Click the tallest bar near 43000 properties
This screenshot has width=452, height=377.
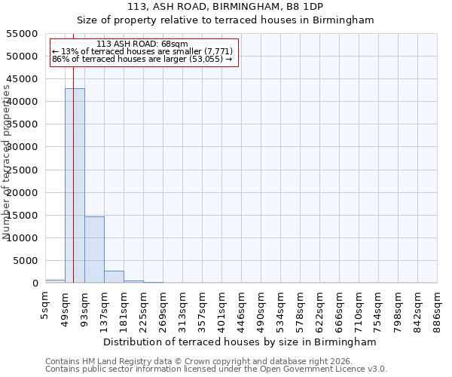point(75,185)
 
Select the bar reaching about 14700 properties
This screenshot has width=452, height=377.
point(94,250)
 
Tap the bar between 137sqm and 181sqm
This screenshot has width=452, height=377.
point(114,277)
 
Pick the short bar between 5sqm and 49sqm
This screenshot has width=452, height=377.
point(55,281)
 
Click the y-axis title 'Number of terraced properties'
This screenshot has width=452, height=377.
point(7,162)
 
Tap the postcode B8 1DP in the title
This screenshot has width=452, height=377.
point(304,7)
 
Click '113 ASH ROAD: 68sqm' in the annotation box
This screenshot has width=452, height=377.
point(142,44)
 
